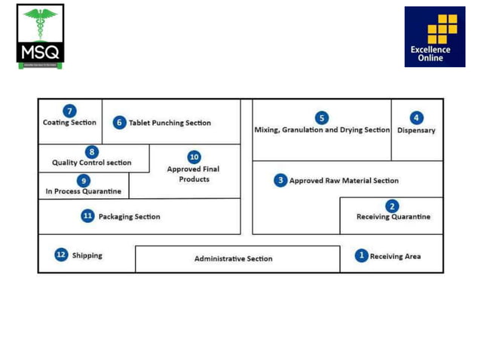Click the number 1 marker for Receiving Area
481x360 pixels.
coord(361,256)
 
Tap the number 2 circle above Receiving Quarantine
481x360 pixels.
coord(391,206)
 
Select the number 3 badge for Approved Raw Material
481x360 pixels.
coord(280,181)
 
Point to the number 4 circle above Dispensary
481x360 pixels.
coord(416,118)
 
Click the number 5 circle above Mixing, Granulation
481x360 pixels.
coord(322,118)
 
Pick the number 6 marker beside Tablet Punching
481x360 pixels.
coord(119,123)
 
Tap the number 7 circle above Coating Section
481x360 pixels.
coord(69,111)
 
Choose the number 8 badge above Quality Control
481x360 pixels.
coord(91,152)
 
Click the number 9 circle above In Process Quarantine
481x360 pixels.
coord(83,181)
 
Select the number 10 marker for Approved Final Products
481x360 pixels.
coord(194,157)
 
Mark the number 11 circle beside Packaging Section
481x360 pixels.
coord(87,216)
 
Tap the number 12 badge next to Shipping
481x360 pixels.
coord(61,255)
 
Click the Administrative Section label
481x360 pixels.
coord(233,259)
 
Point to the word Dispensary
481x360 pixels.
coord(416,130)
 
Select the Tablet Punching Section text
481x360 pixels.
coord(170,123)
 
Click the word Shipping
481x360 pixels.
coord(87,255)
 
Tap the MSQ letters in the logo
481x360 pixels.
coord(40,53)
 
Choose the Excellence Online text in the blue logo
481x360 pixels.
coord(430,54)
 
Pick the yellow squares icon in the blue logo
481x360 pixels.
coord(442,29)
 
